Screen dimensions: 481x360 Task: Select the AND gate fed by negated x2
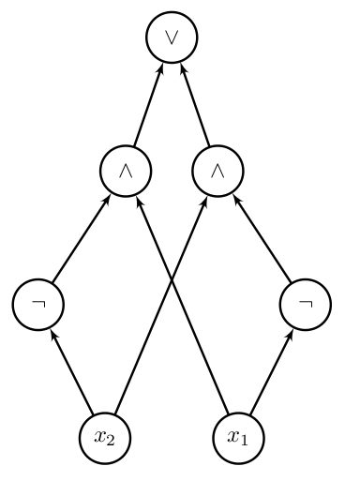[125, 171]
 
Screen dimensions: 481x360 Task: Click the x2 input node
[103, 436]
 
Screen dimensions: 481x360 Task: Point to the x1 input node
[237, 436]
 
